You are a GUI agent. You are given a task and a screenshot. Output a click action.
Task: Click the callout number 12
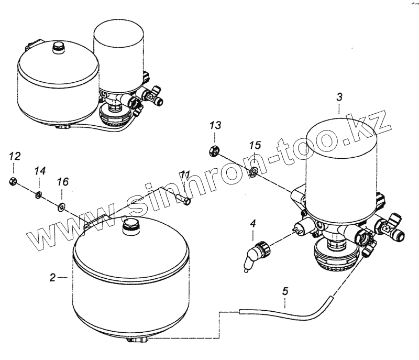coord(15,156)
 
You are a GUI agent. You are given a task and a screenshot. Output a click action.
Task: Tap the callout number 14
coord(40,171)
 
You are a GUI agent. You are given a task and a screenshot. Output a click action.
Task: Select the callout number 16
coord(62,182)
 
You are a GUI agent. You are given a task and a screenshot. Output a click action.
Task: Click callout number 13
coord(216,125)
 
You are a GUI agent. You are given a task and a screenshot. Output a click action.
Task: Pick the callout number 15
coord(255,144)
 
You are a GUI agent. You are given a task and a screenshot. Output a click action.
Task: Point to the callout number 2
coord(52,278)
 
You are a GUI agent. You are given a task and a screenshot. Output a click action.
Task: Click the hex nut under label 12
coord(14,181)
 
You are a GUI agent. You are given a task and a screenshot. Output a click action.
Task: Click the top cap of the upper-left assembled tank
coord(58,49)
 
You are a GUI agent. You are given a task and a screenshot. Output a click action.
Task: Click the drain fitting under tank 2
coord(137,342)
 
